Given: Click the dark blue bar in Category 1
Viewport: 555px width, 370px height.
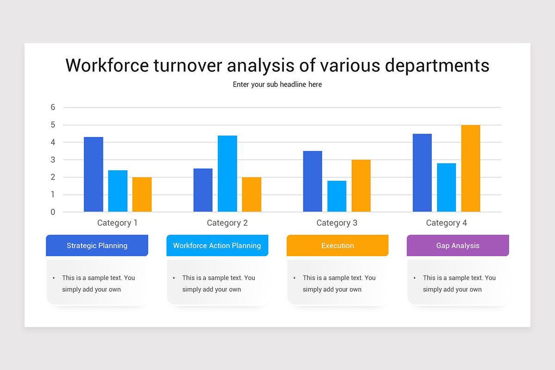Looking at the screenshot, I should (x=93, y=174).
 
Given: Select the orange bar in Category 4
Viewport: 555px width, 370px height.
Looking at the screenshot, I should (x=470, y=168).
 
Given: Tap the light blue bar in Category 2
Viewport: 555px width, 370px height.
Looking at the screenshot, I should (x=227, y=173).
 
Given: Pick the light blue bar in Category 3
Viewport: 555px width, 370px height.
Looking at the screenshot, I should (x=337, y=196).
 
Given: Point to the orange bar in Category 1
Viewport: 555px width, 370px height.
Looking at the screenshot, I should (x=142, y=194).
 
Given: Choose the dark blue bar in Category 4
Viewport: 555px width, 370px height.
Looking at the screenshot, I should (x=422, y=173).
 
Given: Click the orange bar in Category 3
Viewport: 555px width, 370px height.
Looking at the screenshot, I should (x=361, y=185).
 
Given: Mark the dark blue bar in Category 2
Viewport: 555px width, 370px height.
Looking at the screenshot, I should (x=203, y=190).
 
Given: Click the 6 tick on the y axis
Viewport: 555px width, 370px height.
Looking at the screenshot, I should (x=53, y=107).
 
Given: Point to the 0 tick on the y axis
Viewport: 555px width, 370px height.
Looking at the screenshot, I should (x=53, y=212).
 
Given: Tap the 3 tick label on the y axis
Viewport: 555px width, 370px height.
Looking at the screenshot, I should (x=53, y=160).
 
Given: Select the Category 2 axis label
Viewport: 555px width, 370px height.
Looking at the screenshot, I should (x=227, y=223).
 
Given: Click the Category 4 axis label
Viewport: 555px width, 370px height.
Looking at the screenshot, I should (x=446, y=223).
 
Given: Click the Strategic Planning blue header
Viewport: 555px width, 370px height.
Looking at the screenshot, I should (x=97, y=246).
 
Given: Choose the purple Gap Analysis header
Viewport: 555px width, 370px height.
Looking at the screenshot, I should (x=458, y=246).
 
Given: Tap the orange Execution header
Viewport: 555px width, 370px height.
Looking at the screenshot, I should (x=338, y=246).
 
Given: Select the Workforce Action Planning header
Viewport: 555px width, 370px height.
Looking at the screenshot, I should (x=217, y=246).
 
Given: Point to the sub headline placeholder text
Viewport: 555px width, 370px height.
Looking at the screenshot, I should (x=277, y=85).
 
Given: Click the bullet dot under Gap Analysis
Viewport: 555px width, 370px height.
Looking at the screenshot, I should (x=414, y=278).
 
